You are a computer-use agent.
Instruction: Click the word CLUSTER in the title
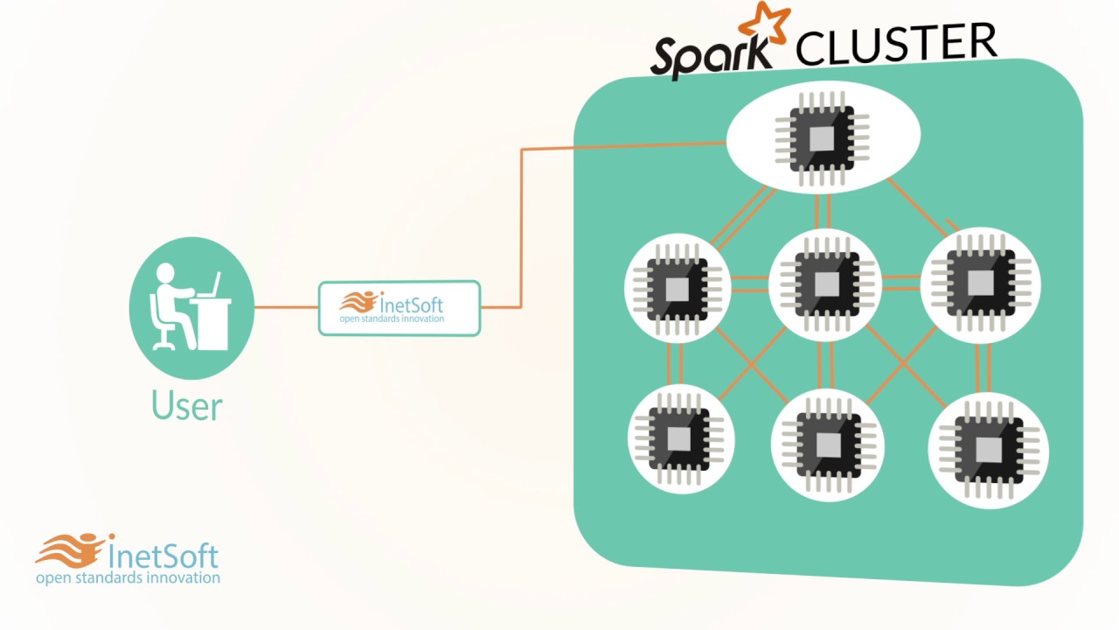point(896,44)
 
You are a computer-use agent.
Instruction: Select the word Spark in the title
point(711,55)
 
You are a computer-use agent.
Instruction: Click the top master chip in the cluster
point(823,137)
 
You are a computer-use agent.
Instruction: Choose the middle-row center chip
point(826,283)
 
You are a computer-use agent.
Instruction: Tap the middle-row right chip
point(980,282)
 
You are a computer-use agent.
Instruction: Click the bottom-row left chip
point(679,438)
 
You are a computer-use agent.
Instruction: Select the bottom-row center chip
point(828,445)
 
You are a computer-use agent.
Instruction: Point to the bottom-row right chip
point(988,449)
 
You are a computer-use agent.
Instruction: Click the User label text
point(187,406)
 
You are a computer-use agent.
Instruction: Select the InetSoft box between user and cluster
point(400,308)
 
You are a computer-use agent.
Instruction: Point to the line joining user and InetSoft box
point(286,307)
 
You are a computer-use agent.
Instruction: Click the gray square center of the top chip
point(822,138)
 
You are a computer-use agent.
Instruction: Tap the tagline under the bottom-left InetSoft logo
point(128,577)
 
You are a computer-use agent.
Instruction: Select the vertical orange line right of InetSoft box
point(521,227)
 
